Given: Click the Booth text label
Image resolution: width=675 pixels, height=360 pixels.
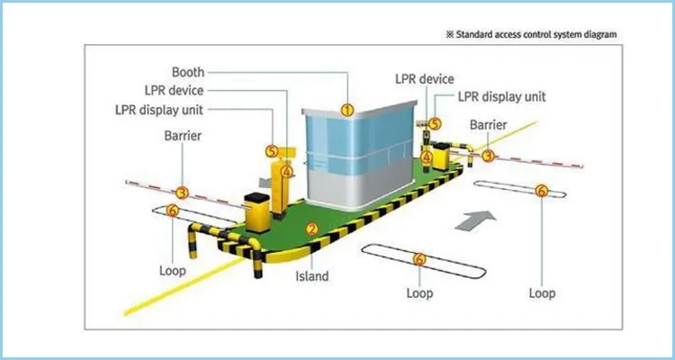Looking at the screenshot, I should point(187,72).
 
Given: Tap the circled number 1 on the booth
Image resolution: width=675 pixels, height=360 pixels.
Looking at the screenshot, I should point(346,110).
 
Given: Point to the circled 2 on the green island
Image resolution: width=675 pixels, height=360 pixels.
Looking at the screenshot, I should point(310,229).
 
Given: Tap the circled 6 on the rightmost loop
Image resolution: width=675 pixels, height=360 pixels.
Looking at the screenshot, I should point(541,191).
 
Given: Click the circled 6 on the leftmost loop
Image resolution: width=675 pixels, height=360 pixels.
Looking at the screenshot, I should point(173,211).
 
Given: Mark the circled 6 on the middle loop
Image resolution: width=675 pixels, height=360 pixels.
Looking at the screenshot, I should point(418,259).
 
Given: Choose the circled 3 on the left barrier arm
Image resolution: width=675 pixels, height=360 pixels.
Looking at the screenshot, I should point(182,192).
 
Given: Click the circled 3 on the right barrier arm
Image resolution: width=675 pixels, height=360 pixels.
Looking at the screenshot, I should point(488,155).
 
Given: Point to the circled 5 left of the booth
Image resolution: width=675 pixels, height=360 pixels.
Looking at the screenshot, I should point(272,151).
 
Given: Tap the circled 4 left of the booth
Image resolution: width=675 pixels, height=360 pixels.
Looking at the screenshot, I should point(286,171).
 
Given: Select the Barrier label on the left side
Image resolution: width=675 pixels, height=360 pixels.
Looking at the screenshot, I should point(182,136).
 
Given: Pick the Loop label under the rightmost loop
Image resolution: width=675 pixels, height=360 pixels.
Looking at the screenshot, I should point(542,293).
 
